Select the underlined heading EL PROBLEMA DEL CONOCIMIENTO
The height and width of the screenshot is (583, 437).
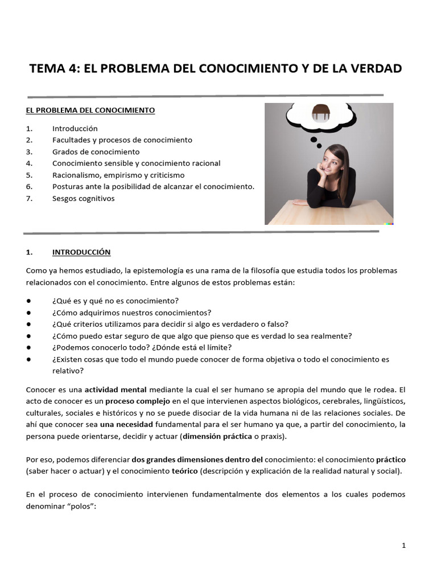tap(90, 110)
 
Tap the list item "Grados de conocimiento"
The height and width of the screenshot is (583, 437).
tap(96, 152)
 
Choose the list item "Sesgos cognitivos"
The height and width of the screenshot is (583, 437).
tap(83, 198)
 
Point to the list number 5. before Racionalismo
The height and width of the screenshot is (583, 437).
tap(30, 175)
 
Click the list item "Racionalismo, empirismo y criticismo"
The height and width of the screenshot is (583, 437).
tap(118, 175)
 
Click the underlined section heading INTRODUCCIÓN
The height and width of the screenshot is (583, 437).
tap(81, 252)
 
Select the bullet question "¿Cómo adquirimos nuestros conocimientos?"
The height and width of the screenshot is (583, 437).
tap(131, 313)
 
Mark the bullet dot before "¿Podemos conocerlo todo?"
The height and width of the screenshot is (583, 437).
tap(29, 347)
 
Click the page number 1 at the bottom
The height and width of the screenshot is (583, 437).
tap(403, 545)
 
